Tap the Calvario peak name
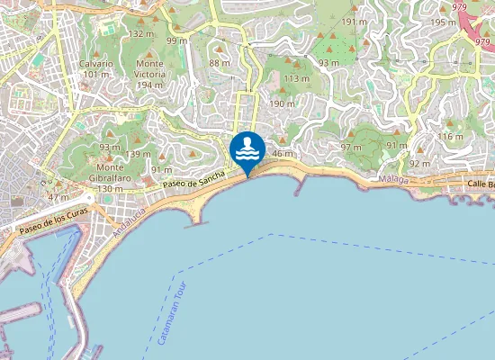click(x=95, y=64)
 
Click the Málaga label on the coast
click(x=392, y=180)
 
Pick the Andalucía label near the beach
click(x=128, y=220)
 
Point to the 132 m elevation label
click(x=139, y=33)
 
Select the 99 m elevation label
click(x=176, y=40)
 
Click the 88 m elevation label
click(x=219, y=63)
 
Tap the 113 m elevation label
click(x=296, y=79)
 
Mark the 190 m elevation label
click(x=282, y=104)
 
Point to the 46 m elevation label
click(x=283, y=154)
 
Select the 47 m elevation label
click(x=58, y=197)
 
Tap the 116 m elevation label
click(x=449, y=136)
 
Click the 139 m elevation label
click(x=139, y=154)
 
